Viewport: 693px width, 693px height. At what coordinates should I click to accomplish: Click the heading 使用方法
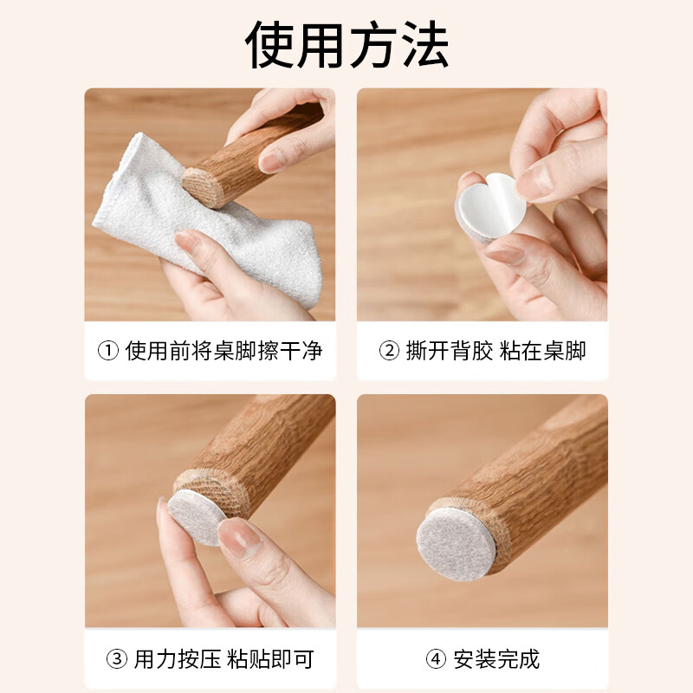(x=347, y=44)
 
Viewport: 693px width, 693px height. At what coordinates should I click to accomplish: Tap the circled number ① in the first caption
(x=107, y=352)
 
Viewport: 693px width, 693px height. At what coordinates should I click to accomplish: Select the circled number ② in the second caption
(x=389, y=352)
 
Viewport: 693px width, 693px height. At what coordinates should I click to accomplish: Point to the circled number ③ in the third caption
(x=117, y=659)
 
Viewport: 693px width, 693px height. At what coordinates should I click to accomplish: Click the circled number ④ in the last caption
(x=436, y=659)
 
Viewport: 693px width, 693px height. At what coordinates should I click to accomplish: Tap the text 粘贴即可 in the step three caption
(x=270, y=659)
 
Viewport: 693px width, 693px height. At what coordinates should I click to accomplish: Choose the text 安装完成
(x=496, y=659)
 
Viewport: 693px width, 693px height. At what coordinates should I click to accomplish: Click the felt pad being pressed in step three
(x=196, y=516)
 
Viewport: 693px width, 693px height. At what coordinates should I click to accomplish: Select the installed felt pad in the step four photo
(x=457, y=544)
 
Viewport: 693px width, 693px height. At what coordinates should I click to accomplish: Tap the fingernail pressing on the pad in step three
(x=239, y=537)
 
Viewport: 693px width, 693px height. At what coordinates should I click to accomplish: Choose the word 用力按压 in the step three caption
(x=178, y=659)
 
